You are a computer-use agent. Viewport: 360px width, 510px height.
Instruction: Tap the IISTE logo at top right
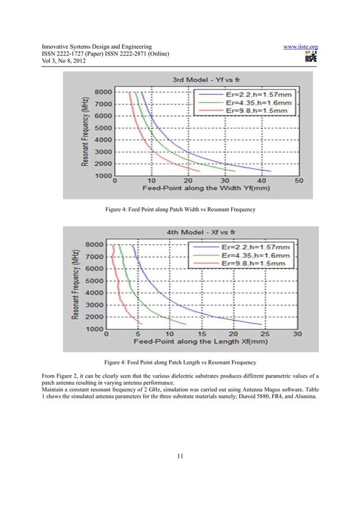(x=310, y=56)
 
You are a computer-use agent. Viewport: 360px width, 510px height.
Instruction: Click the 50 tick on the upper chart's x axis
(x=298, y=181)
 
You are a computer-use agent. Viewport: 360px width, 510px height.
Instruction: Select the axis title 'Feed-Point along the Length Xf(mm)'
(x=201, y=342)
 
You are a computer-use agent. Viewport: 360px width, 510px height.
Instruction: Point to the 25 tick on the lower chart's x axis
(x=265, y=334)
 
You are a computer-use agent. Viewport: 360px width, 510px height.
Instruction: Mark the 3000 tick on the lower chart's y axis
(x=94, y=304)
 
